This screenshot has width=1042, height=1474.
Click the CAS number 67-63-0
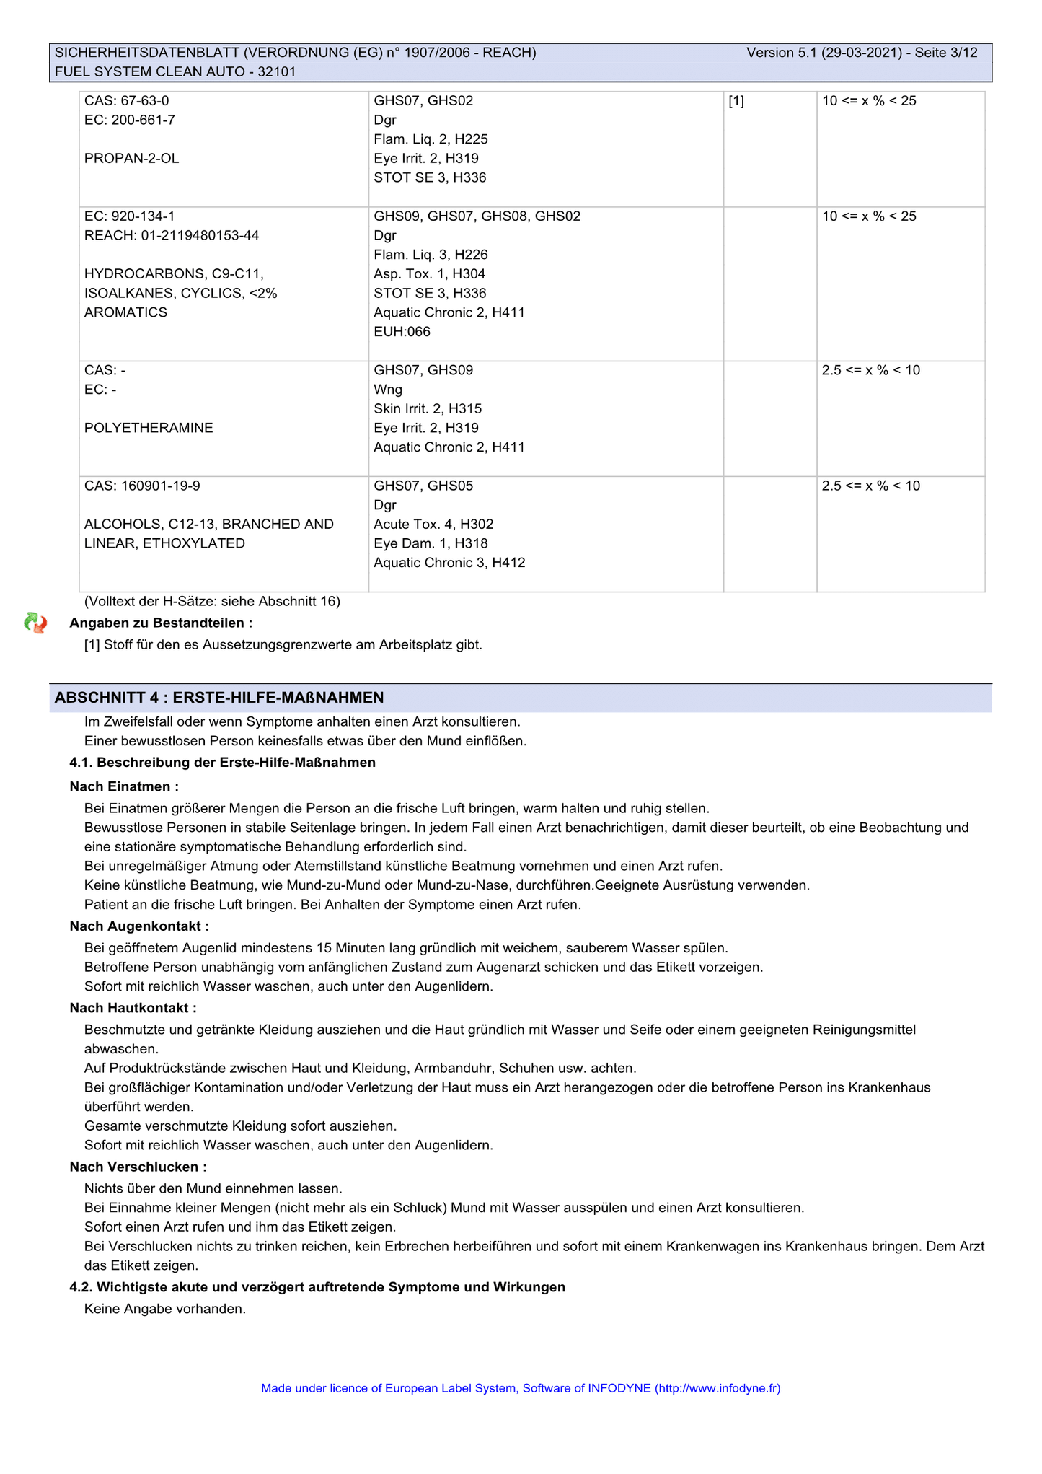tap(144, 101)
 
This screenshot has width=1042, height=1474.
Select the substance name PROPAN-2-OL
tap(131, 159)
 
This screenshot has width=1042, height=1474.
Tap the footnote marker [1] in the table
tap(736, 101)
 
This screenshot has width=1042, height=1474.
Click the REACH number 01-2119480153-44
tap(196, 236)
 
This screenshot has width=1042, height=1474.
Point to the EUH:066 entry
tap(402, 332)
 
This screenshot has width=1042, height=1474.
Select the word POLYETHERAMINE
tap(149, 429)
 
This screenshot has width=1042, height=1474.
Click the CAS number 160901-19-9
tap(160, 486)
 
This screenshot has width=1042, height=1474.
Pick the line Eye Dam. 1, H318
tap(431, 544)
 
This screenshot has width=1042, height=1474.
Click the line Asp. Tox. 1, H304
tap(429, 274)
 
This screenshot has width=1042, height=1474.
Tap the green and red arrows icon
tap(35, 623)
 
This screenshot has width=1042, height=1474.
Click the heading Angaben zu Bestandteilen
tap(161, 623)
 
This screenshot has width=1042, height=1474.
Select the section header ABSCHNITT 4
tap(219, 698)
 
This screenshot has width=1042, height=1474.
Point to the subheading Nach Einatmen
tap(124, 786)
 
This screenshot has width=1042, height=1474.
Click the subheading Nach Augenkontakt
tap(139, 926)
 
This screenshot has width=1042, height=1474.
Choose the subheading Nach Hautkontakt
tap(133, 1008)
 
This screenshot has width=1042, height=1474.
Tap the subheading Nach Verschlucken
tap(138, 1167)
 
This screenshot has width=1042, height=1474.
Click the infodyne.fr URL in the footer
tap(717, 1388)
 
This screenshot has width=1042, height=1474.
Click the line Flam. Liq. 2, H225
tap(431, 139)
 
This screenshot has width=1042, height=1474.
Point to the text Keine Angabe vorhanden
tap(165, 1309)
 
